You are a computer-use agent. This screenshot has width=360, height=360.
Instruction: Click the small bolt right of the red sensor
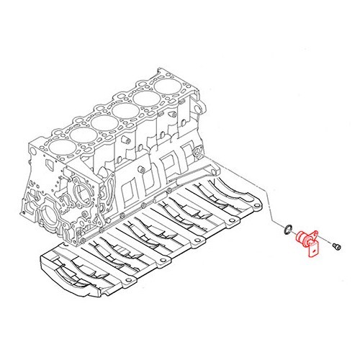336,246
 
